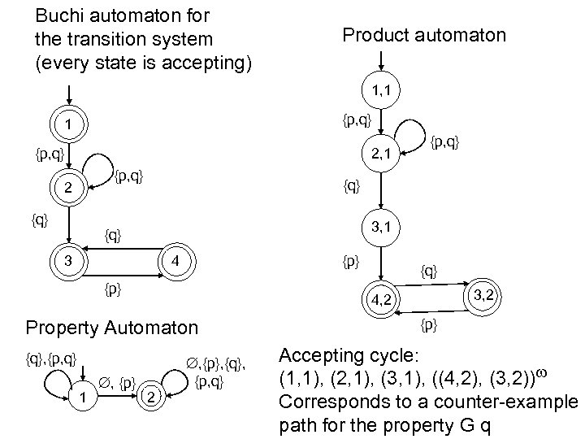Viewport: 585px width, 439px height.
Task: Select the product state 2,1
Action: (x=381, y=152)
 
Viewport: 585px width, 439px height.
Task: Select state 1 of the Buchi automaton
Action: (x=70, y=126)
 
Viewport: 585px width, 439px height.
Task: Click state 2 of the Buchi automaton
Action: (x=70, y=189)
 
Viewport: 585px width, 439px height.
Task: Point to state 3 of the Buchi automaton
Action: (x=70, y=261)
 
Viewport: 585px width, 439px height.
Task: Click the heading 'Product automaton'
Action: (x=423, y=35)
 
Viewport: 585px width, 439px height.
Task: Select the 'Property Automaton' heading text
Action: (x=111, y=328)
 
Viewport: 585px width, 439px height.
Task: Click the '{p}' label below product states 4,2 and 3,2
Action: (x=429, y=326)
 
